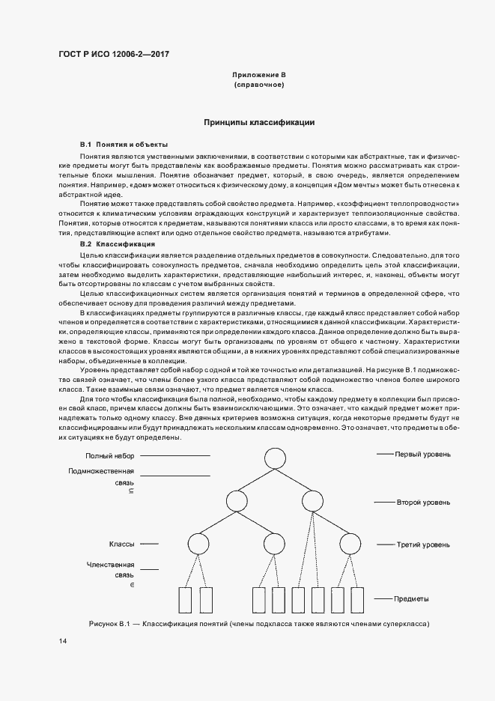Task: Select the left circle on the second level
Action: (235, 500)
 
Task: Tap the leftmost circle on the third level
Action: (197, 544)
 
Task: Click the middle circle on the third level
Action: (273, 544)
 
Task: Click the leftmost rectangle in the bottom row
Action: (187, 600)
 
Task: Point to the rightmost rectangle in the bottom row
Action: (357, 600)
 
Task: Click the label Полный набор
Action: (109, 455)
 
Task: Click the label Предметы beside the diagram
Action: (412, 600)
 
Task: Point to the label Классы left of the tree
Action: (121, 544)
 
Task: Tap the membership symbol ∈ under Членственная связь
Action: (132, 583)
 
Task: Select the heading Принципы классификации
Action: (259, 122)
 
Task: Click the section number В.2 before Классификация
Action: (85, 244)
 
